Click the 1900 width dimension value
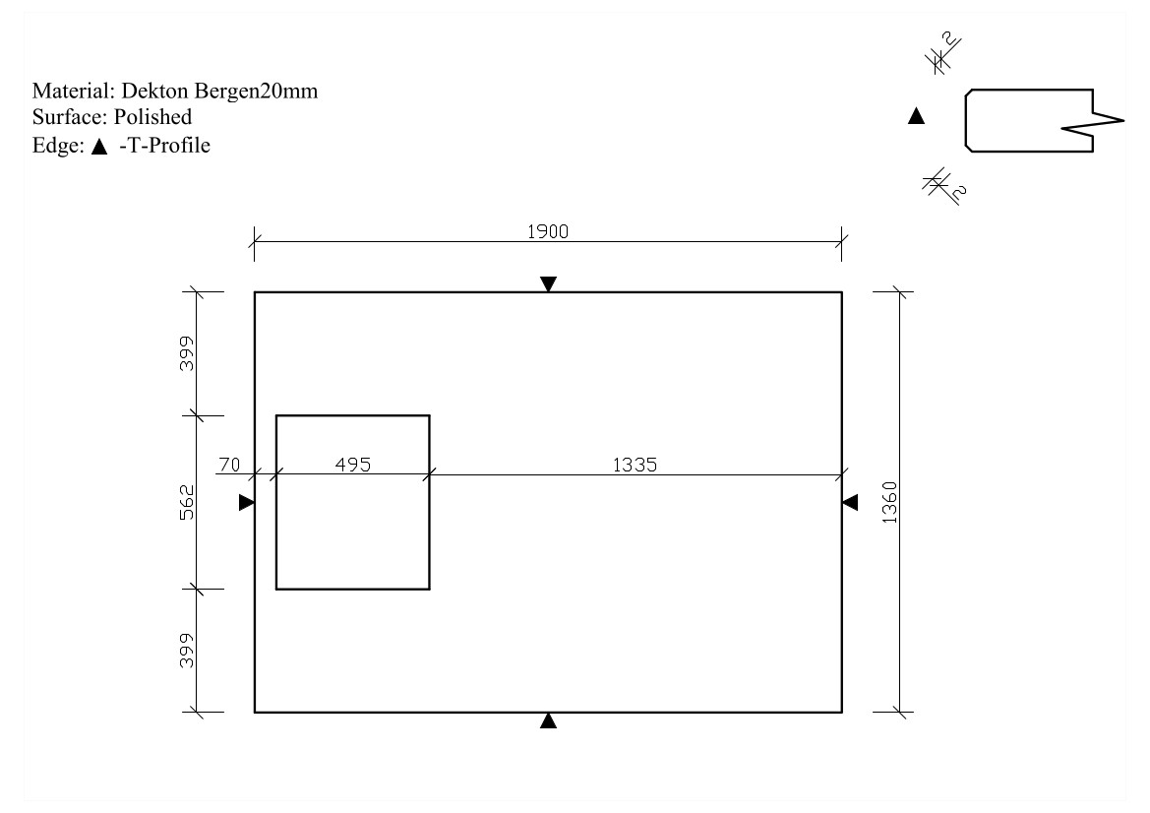548,232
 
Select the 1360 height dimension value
889,503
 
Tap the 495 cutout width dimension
353,465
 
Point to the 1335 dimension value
636,465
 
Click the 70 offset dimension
229,465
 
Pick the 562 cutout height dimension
188,503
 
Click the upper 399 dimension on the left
187,353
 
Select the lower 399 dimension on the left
187,651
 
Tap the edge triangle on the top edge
548,284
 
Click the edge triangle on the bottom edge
548,720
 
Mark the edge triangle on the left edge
246,502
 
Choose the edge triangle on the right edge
850,503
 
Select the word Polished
152,117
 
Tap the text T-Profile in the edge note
168,146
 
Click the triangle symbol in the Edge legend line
99,147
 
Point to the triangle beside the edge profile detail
916,116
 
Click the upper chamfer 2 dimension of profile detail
948,40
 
